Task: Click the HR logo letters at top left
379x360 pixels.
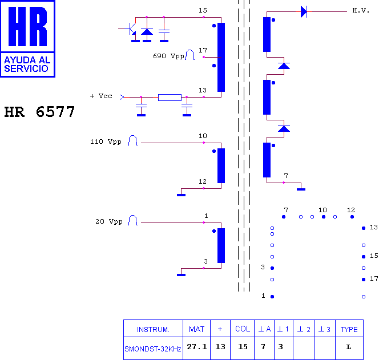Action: (x=27, y=26)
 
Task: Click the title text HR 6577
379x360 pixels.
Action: (x=39, y=112)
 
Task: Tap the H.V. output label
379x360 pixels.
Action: (x=361, y=10)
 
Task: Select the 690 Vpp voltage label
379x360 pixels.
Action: (x=168, y=56)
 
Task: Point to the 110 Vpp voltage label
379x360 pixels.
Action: (x=106, y=141)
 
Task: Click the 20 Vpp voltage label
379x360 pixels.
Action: (x=109, y=221)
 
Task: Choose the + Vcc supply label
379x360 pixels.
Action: (x=101, y=96)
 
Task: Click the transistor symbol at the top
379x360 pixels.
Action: (x=131, y=29)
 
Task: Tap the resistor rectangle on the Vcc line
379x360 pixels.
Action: (x=170, y=98)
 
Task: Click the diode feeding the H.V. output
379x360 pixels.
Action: (x=304, y=11)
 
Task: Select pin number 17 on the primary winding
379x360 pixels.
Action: (x=203, y=50)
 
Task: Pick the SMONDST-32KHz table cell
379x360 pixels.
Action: (x=153, y=349)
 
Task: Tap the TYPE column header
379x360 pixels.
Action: (x=349, y=329)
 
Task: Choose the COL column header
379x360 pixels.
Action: (x=243, y=329)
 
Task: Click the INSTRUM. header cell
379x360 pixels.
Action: (x=153, y=329)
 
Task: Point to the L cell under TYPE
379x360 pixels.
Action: (x=349, y=347)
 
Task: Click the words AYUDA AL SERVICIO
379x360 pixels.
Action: (x=27, y=64)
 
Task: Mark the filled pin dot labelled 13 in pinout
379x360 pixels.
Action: (x=364, y=228)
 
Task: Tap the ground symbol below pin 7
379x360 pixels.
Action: (x=301, y=189)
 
